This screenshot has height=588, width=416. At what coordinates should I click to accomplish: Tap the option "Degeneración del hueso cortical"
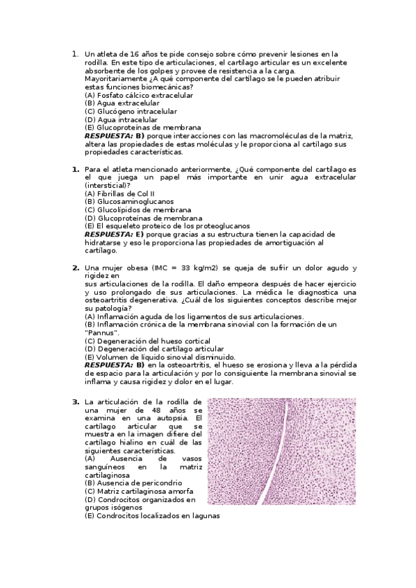(x=147, y=340)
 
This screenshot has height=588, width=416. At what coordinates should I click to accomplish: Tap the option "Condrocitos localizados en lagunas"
(x=152, y=516)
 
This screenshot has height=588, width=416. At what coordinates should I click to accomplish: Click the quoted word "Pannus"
(x=101, y=333)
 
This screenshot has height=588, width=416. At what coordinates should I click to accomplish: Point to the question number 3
(x=75, y=401)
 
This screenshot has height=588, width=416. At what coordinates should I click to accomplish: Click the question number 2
(x=75, y=268)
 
